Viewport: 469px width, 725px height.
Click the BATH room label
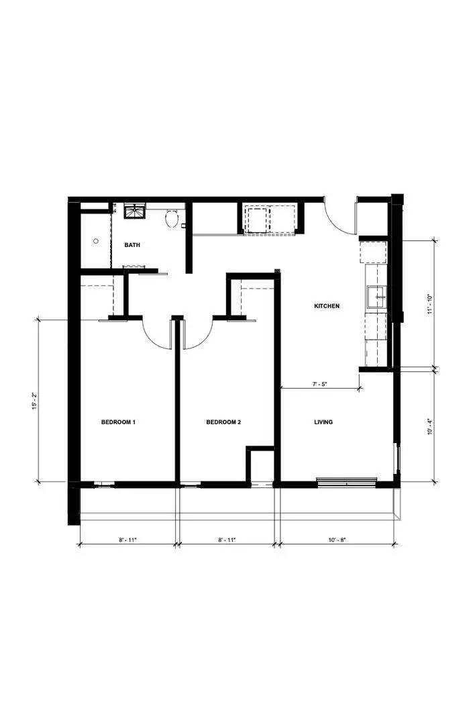tap(132, 245)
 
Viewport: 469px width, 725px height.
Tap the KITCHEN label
tap(327, 306)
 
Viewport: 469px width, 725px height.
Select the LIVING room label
tap(323, 422)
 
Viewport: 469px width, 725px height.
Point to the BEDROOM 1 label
tap(118, 422)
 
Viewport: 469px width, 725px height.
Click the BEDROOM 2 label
tap(223, 422)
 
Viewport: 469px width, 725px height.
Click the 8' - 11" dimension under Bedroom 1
tap(127, 539)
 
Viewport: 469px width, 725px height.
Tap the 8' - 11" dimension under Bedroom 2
tap(226, 539)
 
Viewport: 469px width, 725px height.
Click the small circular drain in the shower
tap(96, 240)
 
